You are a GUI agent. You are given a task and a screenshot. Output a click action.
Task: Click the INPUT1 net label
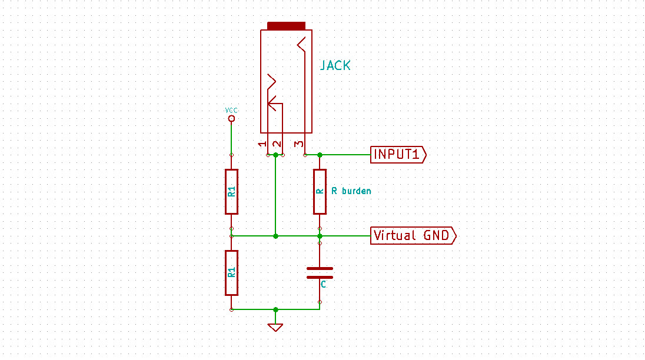tap(398, 155)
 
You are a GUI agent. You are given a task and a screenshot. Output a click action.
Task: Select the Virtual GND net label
tap(413, 235)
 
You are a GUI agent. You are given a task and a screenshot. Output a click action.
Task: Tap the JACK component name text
tap(335, 65)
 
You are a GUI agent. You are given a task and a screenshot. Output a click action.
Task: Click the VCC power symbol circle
tap(232, 119)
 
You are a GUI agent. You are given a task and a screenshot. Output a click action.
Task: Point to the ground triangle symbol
tap(275, 327)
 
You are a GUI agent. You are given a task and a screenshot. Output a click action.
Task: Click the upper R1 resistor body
tap(232, 192)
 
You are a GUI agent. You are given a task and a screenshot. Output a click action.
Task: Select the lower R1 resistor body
tap(232, 273)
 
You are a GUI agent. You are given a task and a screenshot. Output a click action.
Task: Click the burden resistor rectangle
tap(320, 192)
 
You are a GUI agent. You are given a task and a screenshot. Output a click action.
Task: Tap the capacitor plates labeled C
tap(320, 273)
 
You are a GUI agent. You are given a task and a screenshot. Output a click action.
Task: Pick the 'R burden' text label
tap(351, 191)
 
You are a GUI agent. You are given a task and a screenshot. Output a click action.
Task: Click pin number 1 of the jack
tap(262, 144)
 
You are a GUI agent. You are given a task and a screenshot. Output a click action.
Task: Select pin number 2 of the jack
tap(277, 144)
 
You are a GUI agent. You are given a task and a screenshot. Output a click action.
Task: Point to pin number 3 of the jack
tap(299, 144)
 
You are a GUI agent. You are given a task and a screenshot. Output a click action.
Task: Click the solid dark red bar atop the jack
tap(286, 26)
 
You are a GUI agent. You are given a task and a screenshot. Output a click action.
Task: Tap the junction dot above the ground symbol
tap(275, 309)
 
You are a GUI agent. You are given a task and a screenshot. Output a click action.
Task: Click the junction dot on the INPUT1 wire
tap(320, 155)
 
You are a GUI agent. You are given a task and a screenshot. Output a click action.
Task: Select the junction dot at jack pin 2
tap(275, 155)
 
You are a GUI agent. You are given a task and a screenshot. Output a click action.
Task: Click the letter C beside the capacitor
tap(323, 284)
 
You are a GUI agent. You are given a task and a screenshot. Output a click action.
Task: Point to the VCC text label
tap(231, 110)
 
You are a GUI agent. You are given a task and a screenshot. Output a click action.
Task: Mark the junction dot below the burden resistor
tap(320, 236)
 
